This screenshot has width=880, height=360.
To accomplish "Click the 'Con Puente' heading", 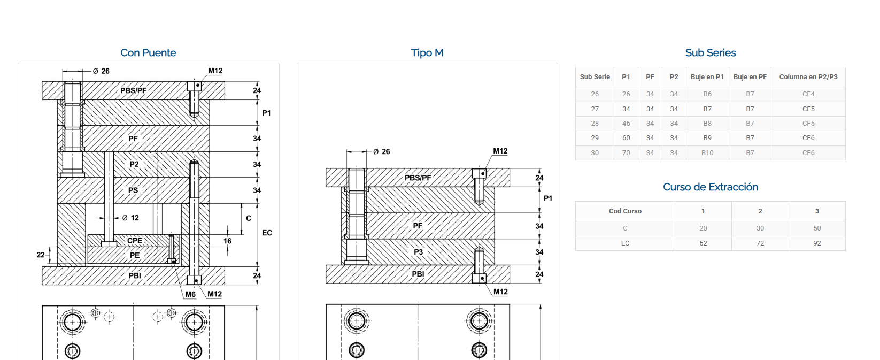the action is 148,52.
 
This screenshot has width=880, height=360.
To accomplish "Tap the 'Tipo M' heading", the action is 427,52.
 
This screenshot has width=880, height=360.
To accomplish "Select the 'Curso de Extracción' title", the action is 711,187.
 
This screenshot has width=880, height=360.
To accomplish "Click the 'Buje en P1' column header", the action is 707,77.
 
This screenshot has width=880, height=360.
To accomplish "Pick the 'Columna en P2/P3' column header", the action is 808,77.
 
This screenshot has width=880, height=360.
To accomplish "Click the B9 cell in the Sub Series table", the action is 707,138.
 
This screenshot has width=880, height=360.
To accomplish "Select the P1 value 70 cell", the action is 626,153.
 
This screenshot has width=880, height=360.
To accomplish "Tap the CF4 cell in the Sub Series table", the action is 808,94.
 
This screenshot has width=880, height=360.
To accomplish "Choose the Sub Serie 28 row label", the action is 595,124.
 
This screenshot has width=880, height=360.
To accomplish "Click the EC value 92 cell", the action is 817,243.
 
